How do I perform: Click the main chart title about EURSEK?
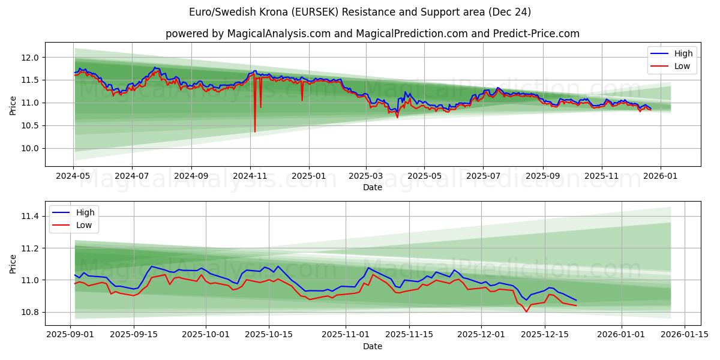(x=360, y=12)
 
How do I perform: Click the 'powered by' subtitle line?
(x=372, y=34)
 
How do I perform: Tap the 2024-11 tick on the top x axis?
(x=250, y=176)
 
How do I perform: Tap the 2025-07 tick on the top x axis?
(x=483, y=176)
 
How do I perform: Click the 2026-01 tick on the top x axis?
(x=660, y=176)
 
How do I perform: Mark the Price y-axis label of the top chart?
(x=13, y=105)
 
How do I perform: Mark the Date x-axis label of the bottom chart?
(x=372, y=346)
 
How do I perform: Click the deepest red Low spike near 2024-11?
(x=255, y=131)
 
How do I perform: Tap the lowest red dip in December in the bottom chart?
(x=526, y=311)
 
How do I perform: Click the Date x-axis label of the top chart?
(x=372, y=187)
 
